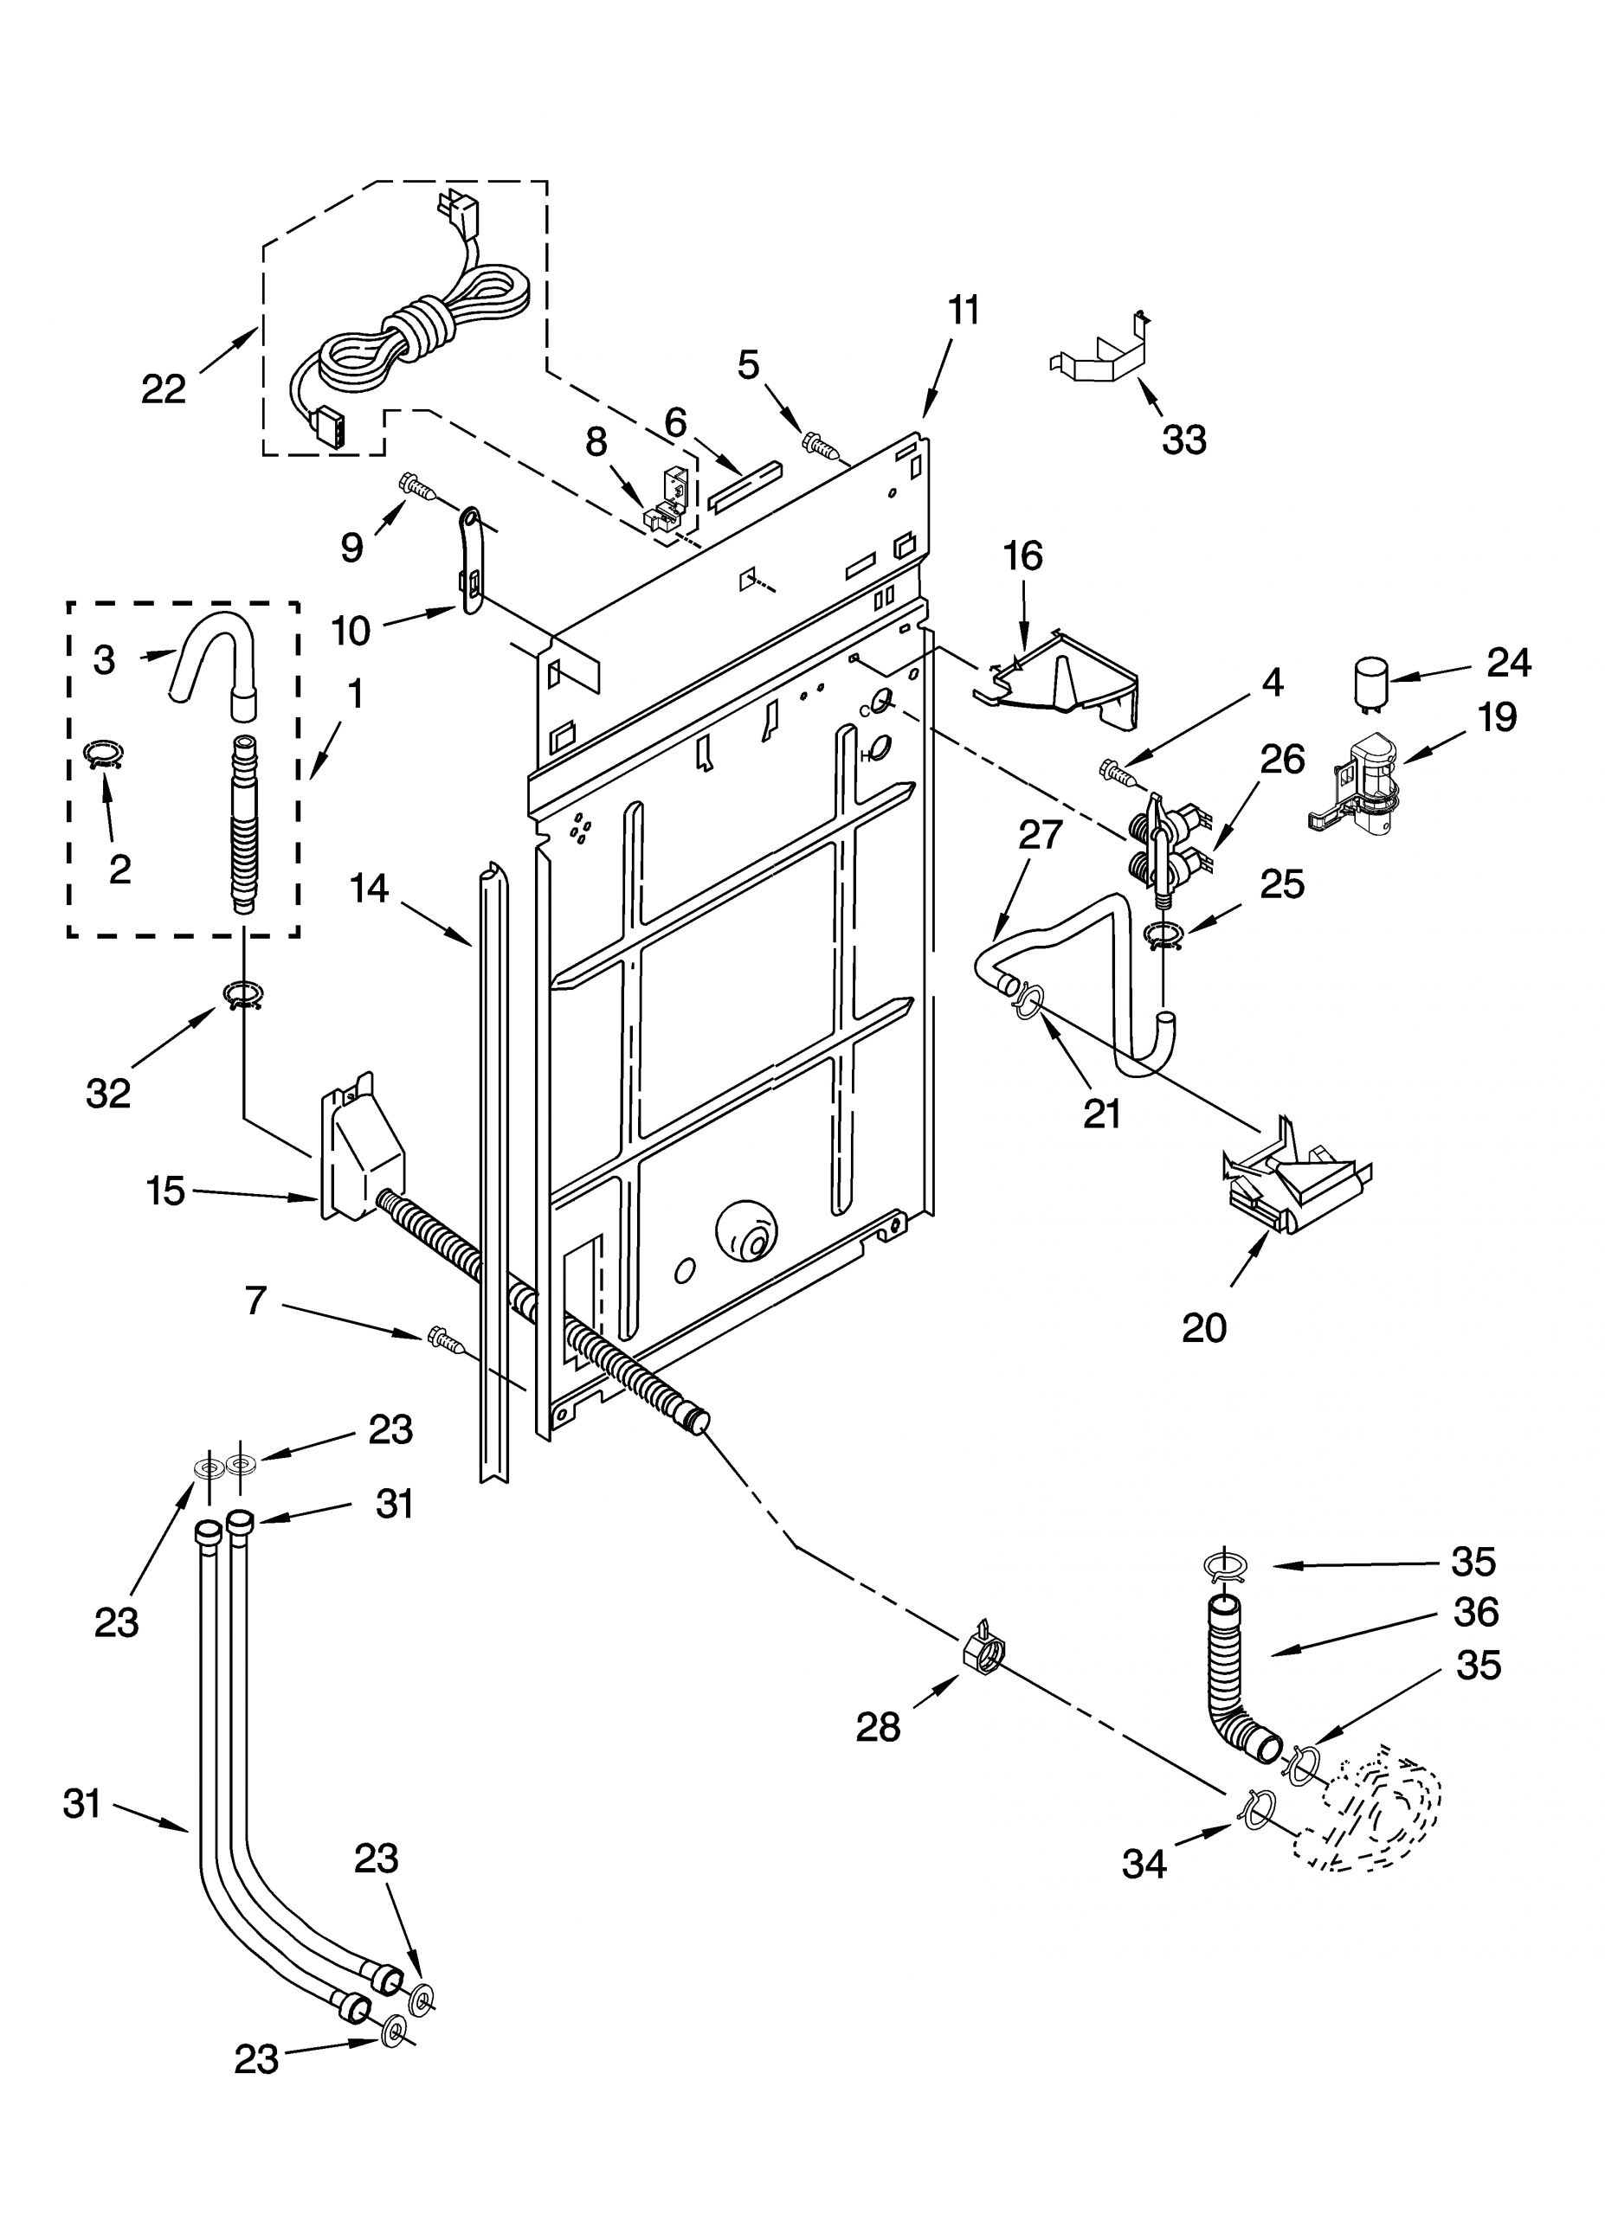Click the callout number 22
(x=163, y=389)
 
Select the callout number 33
(x=1184, y=440)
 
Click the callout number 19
(x=1497, y=718)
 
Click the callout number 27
(x=1041, y=835)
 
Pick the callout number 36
(x=1475, y=1613)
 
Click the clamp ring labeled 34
(x=1257, y=1807)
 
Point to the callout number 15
(x=165, y=1191)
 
